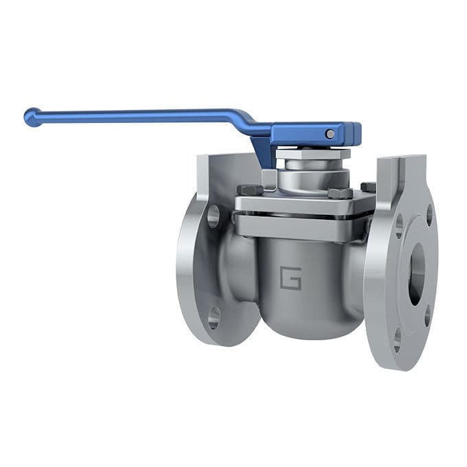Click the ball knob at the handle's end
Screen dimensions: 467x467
(32, 117)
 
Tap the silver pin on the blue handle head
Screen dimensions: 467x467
(330, 134)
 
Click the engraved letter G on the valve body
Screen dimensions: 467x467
(290, 279)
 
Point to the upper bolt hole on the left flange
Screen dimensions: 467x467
(213, 216)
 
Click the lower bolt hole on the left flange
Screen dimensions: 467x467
(214, 317)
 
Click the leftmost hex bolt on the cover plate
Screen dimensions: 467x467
(248, 190)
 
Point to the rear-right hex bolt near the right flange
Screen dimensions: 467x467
(367, 187)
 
